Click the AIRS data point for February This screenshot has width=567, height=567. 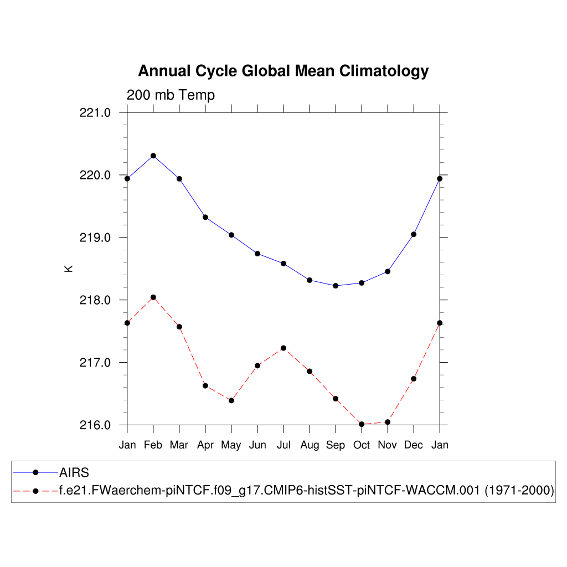tap(153, 156)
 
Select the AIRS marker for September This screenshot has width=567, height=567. tap(336, 286)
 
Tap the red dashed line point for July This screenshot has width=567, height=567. tap(283, 348)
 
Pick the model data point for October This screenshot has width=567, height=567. tap(362, 424)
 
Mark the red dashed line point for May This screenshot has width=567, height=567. tap(231, 400)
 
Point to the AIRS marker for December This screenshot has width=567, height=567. tap(414, 234)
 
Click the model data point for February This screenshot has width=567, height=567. tap(153, 297)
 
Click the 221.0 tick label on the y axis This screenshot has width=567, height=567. tap(96, 113)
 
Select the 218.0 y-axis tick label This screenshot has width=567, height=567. tap(96, 301)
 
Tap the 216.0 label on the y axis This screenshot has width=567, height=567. tap(96, 425)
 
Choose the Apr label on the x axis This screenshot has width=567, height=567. tap(205, 445)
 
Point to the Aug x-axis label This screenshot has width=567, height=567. tap(310, 446)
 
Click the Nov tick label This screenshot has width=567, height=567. tap(388, 445)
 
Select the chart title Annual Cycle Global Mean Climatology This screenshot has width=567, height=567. tap(283, 71)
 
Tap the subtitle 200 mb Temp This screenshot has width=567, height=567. tap(171, 95)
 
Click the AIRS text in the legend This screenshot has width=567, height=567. tap(74, 472)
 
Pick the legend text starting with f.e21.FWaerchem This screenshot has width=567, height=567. tap(307, 491)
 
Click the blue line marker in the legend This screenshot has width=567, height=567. tap(35, 472)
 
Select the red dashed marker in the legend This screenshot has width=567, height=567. tap(35, 491)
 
